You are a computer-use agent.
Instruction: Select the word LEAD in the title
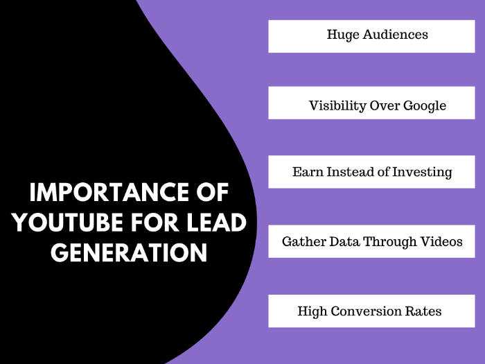point(216,223)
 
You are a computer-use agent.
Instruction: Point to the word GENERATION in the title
point(129,252)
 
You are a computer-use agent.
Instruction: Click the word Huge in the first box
point(343,35)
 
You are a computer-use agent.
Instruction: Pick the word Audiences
point(396,35)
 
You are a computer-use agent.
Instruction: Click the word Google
point(425,106)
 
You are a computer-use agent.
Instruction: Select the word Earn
point(308,172)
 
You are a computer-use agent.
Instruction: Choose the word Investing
point(422,173)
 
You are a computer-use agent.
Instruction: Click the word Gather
point(303,242)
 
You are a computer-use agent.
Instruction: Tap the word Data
point(344,242)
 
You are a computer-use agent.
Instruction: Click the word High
point(312,312)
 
